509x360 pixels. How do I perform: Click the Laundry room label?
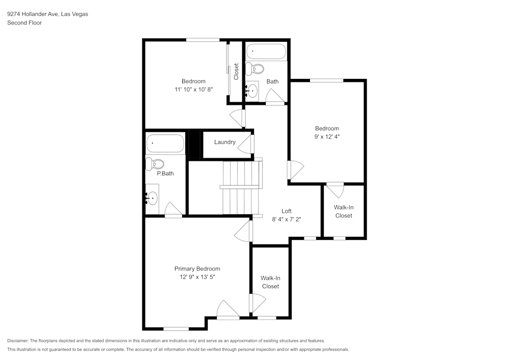point(224,142)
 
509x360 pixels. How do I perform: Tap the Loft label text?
point(287,211)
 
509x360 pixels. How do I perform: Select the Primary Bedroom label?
point(197,269)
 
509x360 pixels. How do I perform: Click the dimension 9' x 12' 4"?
point(326,136)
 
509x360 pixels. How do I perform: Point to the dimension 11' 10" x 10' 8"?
point(193,89)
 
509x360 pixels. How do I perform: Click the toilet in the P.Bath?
point(155,164)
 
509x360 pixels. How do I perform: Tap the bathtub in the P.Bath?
point(165,144)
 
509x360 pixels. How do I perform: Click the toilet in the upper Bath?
point(256,69)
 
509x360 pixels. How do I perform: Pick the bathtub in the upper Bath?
point(266,52)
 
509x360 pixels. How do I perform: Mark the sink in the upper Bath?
point(252,91)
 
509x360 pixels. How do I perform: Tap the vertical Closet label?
point(236,71)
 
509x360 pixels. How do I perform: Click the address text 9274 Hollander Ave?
point(33,14)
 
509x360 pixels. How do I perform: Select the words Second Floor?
point(24,23)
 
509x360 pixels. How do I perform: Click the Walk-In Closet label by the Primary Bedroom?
point(270,282)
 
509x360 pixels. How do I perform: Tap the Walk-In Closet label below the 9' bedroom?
point(343,211)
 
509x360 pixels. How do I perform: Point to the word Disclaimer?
point(18,341)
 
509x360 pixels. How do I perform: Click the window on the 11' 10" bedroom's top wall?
point(203,40)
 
